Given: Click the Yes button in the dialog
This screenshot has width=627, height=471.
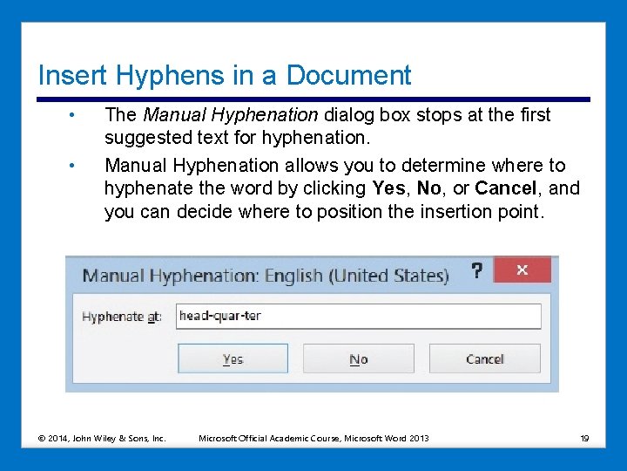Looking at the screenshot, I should click(x=233, y=358).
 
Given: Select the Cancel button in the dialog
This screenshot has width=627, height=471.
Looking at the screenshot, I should click(x=485, y=358).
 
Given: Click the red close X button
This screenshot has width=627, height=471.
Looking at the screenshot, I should click(x=522, y=270).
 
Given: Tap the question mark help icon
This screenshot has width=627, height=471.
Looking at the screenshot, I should click(x=476, y=270).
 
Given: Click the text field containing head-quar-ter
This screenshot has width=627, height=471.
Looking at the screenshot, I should click(x=357, y=316).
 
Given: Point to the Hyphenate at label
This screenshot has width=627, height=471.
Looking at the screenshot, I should click(x=122, y=317).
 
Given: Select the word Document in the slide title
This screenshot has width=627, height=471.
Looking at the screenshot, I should click(x=348, y=75).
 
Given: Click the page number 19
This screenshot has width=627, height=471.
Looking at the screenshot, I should click(x=584, y=438).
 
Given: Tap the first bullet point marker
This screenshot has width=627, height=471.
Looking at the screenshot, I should click(x=76, y=115).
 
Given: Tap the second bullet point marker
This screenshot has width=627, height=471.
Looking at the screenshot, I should click(x=76, y=166).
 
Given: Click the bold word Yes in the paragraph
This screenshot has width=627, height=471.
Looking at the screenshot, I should click(x=388, y=188).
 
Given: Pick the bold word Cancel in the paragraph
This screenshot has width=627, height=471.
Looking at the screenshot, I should click(x=505, y=188).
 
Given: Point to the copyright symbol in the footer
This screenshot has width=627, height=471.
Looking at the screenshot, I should click(x=43, y=438).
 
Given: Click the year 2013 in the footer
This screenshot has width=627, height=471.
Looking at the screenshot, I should click(x=418, y=438).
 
